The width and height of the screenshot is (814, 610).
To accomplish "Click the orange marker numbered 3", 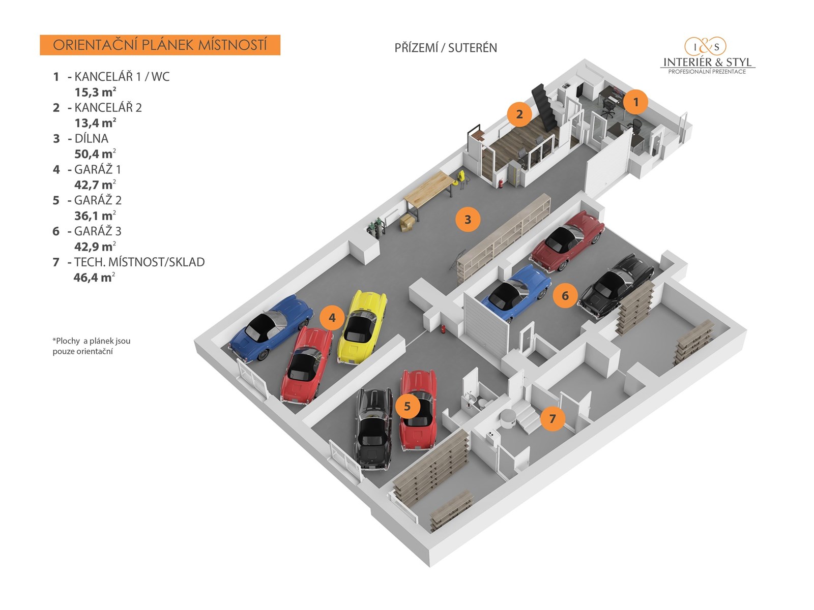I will pos(468,220).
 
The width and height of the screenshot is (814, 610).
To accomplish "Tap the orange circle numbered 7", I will pos(553,419).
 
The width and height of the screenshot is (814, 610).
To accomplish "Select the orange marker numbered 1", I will pos(635,102).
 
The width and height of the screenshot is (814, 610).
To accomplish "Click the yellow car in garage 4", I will pos(362,326).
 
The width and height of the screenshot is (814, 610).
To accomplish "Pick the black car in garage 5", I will pos(373,428).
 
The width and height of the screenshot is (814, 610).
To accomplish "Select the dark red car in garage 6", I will pos(567,240).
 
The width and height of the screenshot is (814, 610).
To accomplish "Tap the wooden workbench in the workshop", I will pos(428,188).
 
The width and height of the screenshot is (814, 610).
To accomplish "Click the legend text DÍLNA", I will pos(91,138).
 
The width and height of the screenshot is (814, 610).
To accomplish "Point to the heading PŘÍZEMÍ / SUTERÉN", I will pos(446,48).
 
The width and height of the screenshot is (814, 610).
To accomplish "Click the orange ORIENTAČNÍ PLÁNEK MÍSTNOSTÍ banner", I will pos(160,45).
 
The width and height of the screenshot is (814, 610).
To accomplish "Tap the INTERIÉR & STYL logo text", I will pos(707,63).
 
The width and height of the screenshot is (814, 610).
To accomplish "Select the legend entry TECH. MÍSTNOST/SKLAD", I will pos(139,262).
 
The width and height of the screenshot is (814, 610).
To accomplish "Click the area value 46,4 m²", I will pos(94,278).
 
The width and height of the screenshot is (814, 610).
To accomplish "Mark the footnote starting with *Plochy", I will pos(92,346).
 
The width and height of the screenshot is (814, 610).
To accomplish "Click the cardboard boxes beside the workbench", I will pos(406,223).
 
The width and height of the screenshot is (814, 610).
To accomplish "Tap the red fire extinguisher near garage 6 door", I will pos(443,329).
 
